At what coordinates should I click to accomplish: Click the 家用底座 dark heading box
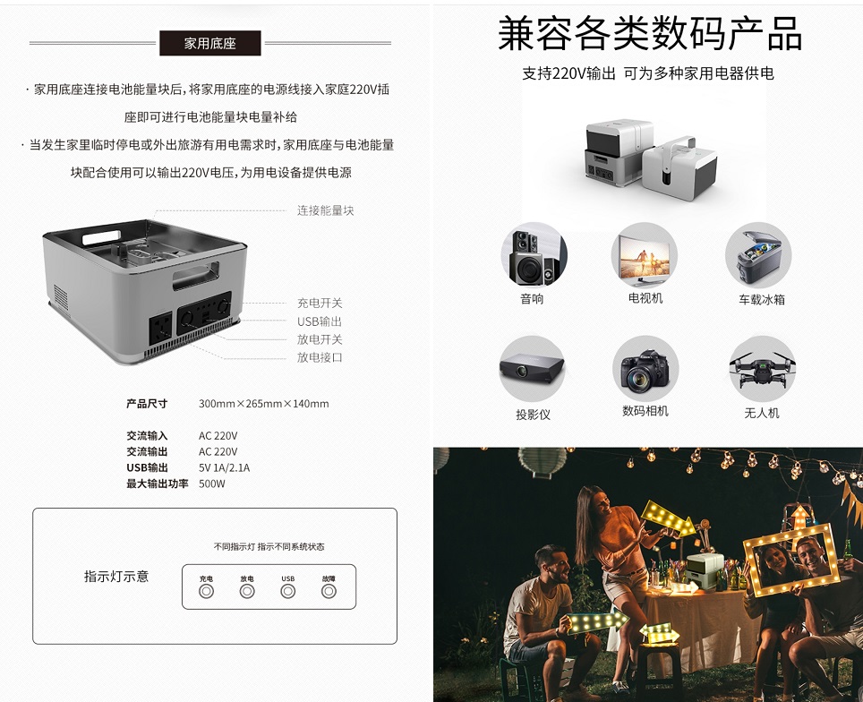tap(210, 43)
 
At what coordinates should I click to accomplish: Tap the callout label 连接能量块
tap(325, 210)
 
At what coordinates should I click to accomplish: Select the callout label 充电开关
tap(320, 304)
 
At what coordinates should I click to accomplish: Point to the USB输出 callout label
tap(320, 321)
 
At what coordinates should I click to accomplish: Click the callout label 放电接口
tap(320, 357)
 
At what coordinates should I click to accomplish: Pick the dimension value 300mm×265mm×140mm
tap(263, 404)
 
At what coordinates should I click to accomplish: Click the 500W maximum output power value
tap(212, 484)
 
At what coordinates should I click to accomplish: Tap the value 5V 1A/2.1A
tap(224, 468)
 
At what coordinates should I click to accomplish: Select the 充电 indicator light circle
tap(206, 592)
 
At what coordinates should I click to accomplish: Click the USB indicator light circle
tap(288, 592)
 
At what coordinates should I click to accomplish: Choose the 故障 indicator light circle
tap(329, 592)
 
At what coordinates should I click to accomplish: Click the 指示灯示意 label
tap(116, 577)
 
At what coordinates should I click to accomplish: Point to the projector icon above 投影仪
tap(532, 368)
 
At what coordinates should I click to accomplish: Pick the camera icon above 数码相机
tap(645, 368)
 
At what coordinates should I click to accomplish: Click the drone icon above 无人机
tap(762, 368)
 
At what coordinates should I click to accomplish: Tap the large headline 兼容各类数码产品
tap(649, 34)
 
